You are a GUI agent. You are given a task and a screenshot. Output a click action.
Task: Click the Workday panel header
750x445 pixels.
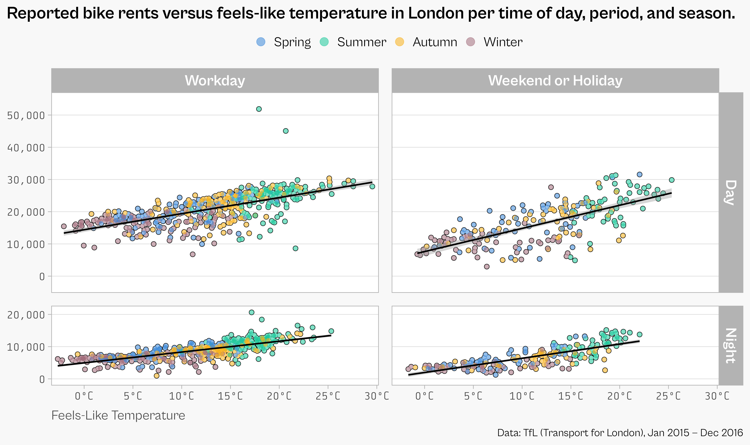pyautogui.click(x=215, y=80)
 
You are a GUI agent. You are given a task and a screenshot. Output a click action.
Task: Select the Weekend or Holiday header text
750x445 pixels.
pyautogui.click(x=555, y=80)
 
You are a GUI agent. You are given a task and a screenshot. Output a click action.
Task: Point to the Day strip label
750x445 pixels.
pyautogui.click(x=731, y=192)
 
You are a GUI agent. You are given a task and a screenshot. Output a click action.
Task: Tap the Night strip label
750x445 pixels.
pyautogui.click(x=731, y=345)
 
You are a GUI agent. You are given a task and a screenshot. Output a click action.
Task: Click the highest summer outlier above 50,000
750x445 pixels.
pyautogui.click(x=259, y=109)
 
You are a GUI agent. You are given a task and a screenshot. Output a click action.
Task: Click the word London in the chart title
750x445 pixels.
pyautogui.click(x=436, y=13)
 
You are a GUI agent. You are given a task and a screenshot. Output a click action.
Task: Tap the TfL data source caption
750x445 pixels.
pyautogui.click(x=620, y=433)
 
